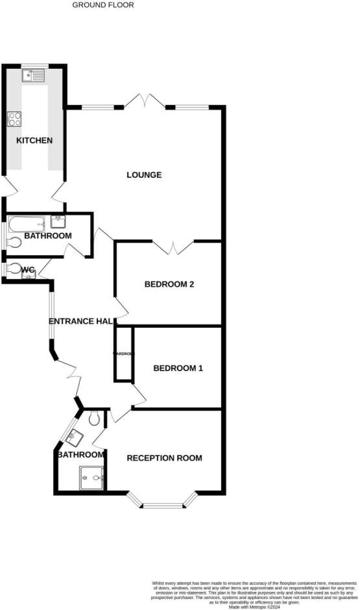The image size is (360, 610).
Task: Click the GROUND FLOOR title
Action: tap(103, 5)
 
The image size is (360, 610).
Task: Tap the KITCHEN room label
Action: tap(34, 141)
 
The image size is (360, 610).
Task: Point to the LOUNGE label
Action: tap(144, 175)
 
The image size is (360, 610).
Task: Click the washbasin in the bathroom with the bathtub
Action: tap(58, 222)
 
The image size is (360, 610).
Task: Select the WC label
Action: tap(28, 270)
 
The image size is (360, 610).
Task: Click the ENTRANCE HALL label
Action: tap(82, 321)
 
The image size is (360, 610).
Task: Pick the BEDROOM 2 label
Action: tap(169, 284)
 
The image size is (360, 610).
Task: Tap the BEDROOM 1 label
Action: tap(178, 369)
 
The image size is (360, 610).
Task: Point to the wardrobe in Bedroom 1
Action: tap(124, 354)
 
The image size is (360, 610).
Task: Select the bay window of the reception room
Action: tap(162, 501)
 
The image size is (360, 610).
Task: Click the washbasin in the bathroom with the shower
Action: tap(74, 437)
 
